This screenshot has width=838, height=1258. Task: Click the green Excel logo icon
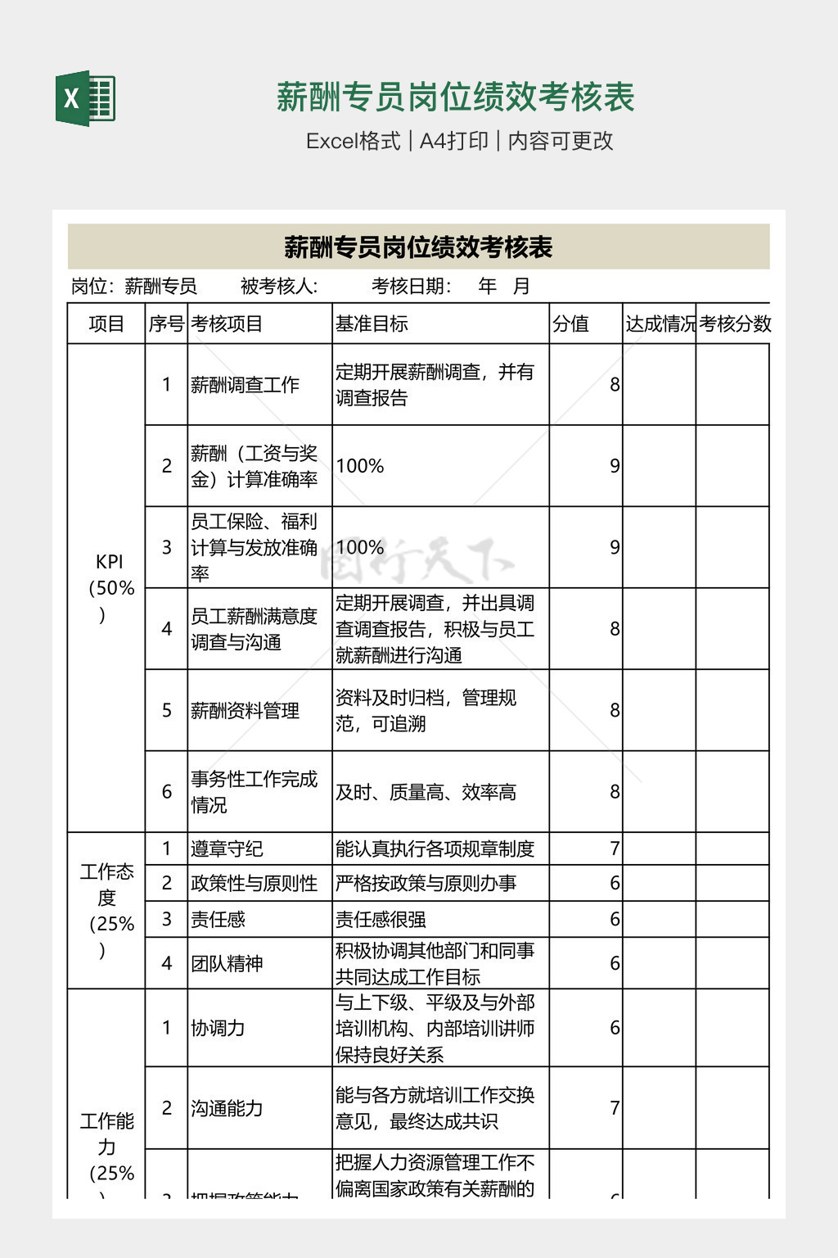pyautogui.click(x=85, y=98)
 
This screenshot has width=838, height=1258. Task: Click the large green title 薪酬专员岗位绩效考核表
pyautogui.click(x=455, y=97)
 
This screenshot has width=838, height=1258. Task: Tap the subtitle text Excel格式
pyautogui.click(x=353, y=141)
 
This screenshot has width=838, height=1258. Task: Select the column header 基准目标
pyautogui.click(x=372, y=324)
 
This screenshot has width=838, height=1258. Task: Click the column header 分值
pyautogui.click(x=570, y=324)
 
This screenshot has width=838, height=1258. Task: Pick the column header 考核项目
pyautogui.click(x=227, y=324)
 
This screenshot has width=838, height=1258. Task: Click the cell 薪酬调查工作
pyautogui.click(x=245, y=384)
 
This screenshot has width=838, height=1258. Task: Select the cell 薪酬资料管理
pyautogui.click(x=245, y=710)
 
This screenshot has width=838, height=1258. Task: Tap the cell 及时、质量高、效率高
pyautogui.click(x=426, y=792)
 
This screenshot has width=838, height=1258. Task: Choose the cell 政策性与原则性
pyautogui.click(x=254, y=883)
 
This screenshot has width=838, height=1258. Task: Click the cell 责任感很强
pyautogui.click(x=381, y=919)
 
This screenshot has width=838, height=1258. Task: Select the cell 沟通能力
pyautogui.click(x=227, y=1108)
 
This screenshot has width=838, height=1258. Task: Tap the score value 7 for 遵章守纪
pyautogui.click(x=615, y=848)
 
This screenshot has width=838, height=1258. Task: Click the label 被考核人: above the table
pyautogui.click(x=278, y=286)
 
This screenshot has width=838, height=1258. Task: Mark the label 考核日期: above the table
pyautogui.click(x=412, y=286)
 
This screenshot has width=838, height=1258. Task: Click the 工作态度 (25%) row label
pyautogui.click(x=107, y=909)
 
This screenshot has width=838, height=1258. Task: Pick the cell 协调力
pyautogui.click(x=218, y=1028)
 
